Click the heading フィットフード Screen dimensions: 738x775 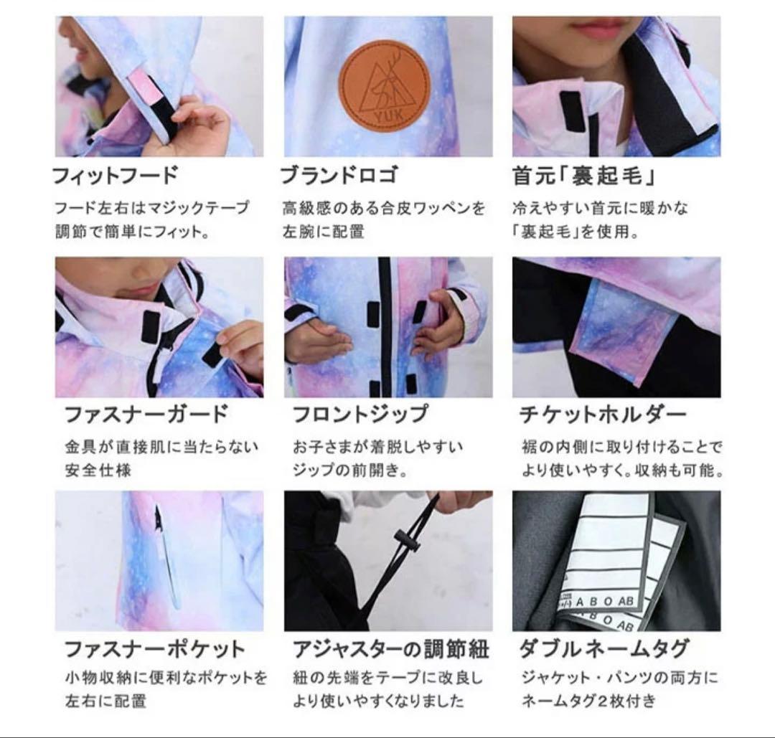115,176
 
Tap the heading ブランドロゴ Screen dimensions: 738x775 338,176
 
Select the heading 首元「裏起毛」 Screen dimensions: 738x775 584,176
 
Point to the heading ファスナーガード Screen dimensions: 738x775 146,415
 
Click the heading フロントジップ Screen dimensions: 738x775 360,415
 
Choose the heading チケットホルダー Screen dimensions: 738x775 603,415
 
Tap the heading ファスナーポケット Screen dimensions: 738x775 155,649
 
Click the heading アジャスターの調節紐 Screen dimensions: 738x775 390,649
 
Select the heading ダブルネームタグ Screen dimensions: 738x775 603,649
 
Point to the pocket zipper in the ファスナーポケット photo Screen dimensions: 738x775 166,552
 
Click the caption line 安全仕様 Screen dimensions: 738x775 98,471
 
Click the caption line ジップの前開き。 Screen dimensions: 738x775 349,471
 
